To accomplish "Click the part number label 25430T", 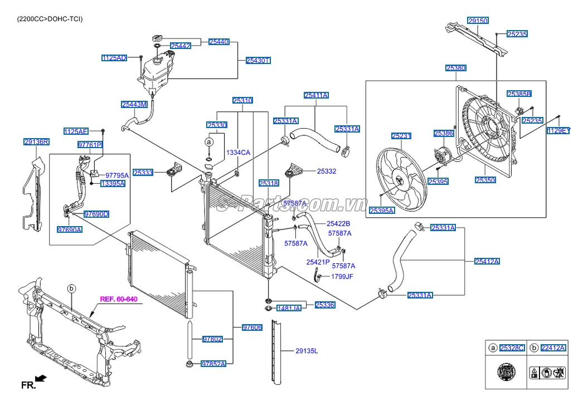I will (258, 61).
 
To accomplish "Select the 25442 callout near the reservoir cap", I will (181, 46).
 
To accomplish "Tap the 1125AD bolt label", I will (114, 58).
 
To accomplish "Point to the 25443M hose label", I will (134, 104).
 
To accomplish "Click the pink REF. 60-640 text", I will (119, 299).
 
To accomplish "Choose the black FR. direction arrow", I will (41, 379).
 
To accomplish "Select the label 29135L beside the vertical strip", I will (307, 351).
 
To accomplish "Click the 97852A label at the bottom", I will (213, 364).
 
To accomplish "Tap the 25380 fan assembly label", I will (456, 68).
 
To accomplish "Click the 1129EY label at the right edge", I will (558, 130).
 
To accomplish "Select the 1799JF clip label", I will (342, 276).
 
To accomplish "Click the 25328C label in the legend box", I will (512, 348).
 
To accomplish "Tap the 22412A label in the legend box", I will (553, 348).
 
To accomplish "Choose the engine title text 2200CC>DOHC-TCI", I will (50, 19).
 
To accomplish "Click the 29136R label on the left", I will (36, 142).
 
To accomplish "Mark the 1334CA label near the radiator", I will (238, 153).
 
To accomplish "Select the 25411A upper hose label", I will (316, 95).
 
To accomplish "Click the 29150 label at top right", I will (478, 21).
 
